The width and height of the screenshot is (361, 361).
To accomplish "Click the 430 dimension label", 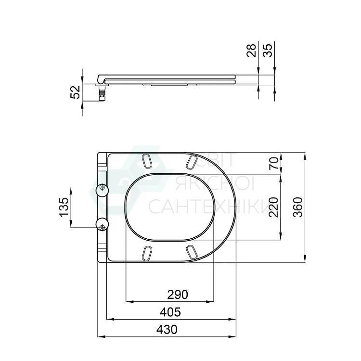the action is point(167,329).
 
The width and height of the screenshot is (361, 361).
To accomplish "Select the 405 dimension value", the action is point(170,312).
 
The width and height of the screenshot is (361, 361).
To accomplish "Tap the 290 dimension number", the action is point(178,295).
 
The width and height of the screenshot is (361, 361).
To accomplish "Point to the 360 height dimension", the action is point(298,207).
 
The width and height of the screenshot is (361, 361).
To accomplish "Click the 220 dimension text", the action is point(274,207).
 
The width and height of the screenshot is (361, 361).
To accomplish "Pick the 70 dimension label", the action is point(274,163).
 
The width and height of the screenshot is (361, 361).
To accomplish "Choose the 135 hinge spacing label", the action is point(64,207).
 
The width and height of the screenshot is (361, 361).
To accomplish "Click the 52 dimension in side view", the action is point(75,92).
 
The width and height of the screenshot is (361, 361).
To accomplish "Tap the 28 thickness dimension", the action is point(251,50).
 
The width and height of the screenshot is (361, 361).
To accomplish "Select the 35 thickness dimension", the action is point(268,50).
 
